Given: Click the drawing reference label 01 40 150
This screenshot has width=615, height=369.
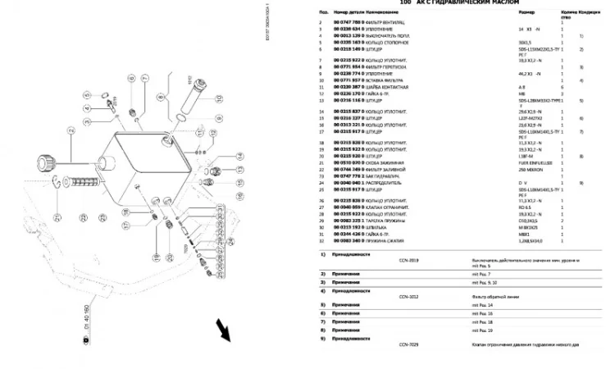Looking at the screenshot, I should tap(84, 321).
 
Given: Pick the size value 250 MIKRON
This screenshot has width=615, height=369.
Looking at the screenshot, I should tap(531, 171).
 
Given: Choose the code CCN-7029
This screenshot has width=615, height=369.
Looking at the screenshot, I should tap(408, 344).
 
